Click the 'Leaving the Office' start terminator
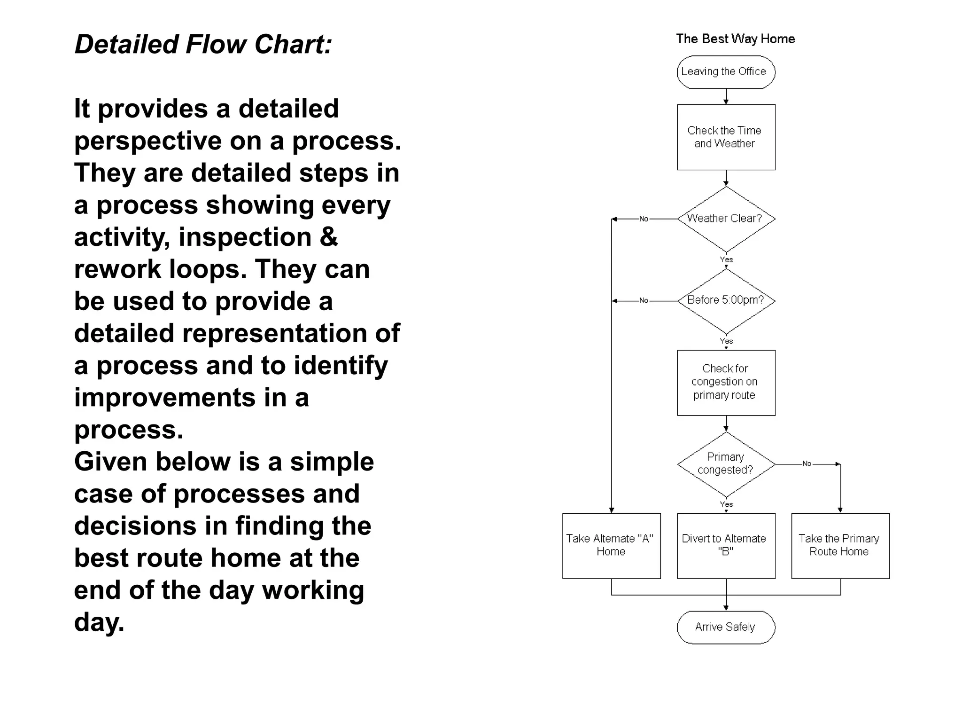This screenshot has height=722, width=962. (726, 72)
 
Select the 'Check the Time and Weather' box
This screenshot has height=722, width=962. (726, 137)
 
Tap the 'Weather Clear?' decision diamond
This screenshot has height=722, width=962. (726, 219)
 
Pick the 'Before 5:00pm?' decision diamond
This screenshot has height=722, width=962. (726, 300)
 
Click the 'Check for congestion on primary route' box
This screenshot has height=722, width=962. (726, 382)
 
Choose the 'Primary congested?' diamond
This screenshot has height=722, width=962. (726, 464)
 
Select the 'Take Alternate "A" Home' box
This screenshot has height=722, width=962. (611, 545)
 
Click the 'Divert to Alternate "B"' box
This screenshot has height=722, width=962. (726, 545)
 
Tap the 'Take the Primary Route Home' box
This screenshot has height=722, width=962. (840, 545)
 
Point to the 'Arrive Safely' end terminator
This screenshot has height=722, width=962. (726, 627)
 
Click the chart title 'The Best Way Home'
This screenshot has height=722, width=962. (735, 39)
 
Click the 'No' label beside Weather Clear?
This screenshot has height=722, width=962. (644, 219)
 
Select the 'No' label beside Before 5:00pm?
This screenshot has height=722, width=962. (644, 301)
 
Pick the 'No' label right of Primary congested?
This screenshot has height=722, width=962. (807, 464)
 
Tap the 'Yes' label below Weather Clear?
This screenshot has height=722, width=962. (726, 259)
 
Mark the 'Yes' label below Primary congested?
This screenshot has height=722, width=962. (726, 504)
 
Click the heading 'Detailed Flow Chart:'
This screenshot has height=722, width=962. (203, 45)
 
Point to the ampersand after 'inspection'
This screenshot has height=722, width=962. (328, 236)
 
